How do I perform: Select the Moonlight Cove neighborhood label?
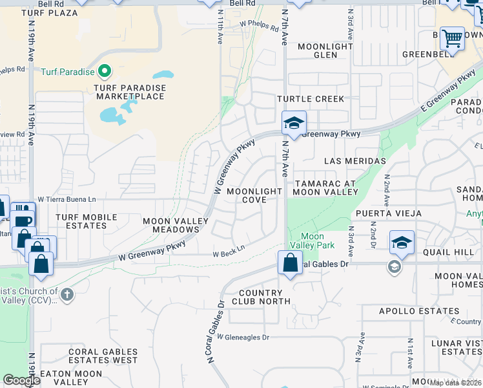254,196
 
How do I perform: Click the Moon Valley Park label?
313,241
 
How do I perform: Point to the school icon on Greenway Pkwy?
294,123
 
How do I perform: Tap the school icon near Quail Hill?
402,242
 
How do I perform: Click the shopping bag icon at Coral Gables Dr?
290,263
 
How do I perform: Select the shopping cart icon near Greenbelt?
452,38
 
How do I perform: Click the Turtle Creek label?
311,99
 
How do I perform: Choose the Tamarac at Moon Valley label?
325,188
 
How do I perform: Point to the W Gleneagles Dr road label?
242,337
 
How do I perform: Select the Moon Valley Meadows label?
176,225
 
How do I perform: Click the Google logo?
21,380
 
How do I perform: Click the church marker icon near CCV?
67,295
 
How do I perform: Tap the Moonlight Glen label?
325,50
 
